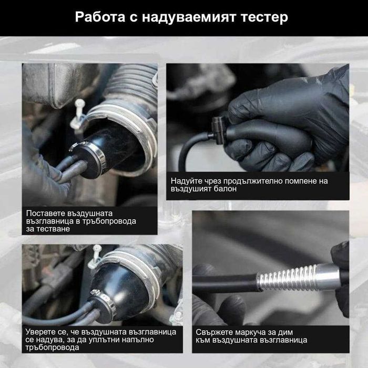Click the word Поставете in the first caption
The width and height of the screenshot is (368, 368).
(45, 213)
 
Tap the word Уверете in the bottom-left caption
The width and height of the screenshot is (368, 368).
(42, 332)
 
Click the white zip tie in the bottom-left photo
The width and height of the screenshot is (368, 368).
(95, 258)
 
